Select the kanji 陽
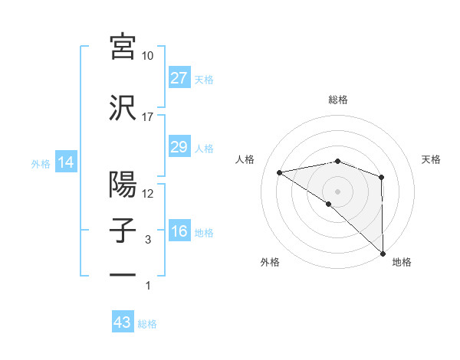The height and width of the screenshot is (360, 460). (123, 184)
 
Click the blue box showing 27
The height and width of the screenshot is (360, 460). (179, 78)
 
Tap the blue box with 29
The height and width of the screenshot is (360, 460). (179, 147)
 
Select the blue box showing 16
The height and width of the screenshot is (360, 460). (179, 231)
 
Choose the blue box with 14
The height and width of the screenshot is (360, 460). (65, 163)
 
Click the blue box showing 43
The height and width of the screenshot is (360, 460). (123, 323)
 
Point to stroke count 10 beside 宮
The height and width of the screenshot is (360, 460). (148, 56)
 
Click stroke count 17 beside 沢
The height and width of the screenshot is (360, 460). (147, 117)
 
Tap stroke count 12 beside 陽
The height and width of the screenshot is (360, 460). (148, 194)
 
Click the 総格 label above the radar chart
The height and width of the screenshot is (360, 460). (338, 100)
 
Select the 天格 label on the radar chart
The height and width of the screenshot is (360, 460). (432, 159)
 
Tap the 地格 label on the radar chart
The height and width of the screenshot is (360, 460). (402, 262)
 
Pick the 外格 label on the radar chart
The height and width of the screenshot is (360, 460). (270, 262)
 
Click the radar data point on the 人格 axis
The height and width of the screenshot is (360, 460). (280, 172)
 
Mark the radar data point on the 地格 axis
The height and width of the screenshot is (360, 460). (383, 252)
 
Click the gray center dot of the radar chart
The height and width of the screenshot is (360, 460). (338, 190)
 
